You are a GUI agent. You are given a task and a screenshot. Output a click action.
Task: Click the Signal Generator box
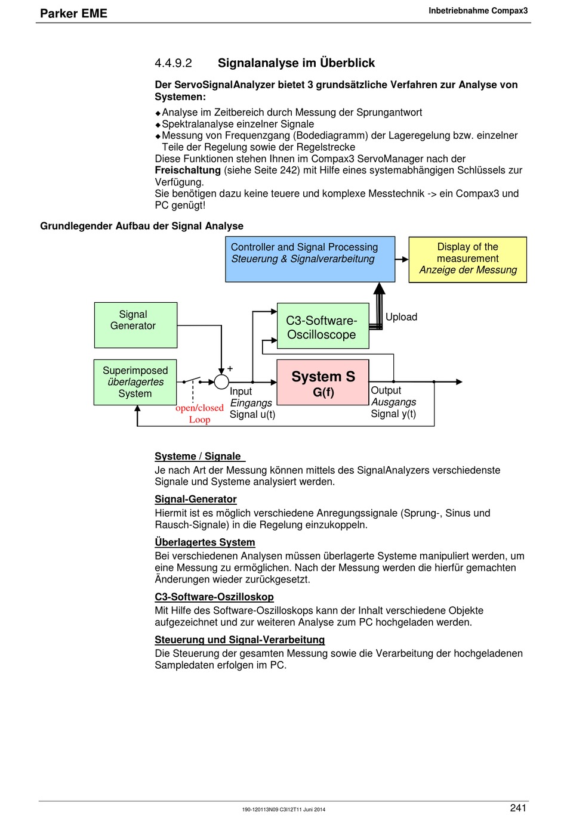[x=135, y=325]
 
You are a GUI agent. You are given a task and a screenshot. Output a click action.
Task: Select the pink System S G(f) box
[x=323, y=382]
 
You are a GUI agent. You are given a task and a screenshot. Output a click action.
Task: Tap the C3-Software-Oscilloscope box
[x=323, y=325]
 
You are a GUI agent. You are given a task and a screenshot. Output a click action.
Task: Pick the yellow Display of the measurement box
[x=467, y=259]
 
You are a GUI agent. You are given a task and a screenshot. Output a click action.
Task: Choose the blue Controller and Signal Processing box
[x=310, y=259]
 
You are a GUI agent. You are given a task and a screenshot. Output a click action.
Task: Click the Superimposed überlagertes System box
[x=135, y=382]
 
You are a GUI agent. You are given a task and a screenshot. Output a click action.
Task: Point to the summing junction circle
[x=221, y=381]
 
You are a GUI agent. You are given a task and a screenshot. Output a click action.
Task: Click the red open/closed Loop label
[x=199, y=414]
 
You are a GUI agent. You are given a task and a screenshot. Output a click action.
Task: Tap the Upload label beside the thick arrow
[x=401, y=317]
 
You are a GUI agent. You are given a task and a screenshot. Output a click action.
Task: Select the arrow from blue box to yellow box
[x=402, y=259]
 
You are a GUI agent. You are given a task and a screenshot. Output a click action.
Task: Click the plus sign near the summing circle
[x=230, y=368]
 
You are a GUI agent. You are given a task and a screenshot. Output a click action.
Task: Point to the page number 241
[x=518, y=808]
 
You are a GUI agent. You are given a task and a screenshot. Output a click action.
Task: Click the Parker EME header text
[x=73, y=14]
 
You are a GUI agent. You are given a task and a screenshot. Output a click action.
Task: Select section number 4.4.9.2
[x=173, y=63]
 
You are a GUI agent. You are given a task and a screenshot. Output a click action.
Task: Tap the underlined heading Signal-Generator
[x=196, y=499]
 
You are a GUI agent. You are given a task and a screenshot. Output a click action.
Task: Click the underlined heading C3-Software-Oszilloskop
[x=214, y=597]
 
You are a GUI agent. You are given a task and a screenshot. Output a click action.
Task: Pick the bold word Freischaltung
[x=188, y=170]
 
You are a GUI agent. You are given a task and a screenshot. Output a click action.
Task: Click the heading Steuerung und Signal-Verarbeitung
[x=240, y=640]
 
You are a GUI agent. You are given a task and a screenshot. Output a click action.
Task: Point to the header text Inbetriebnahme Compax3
[x=478, y=11]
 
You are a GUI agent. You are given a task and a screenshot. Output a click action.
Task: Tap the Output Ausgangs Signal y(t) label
[x=393, y=402]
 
